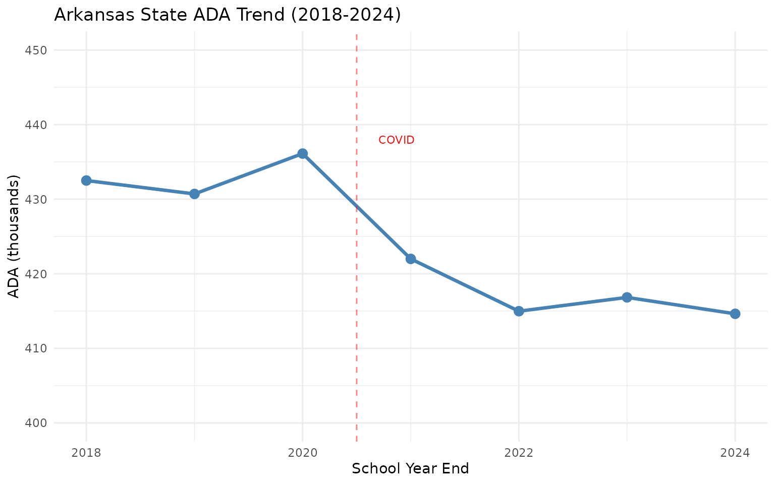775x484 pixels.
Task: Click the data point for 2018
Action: pyautogui.click(x=86, y=180)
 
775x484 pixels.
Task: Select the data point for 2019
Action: pyautogui.click(x=194, y=194)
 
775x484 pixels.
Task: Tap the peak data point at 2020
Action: pyautogui.click(x=303, y=153)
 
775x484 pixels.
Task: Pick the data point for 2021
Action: pyautogui.click(x=411, y=259)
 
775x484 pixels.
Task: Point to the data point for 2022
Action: pyautogui.click(x=519, y=311)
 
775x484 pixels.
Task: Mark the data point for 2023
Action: pyautogui.click(x=627, y=297)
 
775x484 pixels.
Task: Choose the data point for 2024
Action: pyautogui.click(x=735, y=314)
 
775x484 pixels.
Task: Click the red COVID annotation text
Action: pyautogui.click(x=396, y=140)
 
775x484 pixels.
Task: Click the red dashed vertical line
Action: pyautogui.click(x=357, y=302)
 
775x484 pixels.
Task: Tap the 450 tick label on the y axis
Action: pyautogui.click(x=36, y=50)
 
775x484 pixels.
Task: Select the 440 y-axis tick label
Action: pyautogui.click(x=36, y=125)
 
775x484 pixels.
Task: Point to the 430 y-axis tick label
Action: pyautogui.click(x=36, y=200)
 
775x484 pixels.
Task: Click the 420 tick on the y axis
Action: pyautogui.click(x=36, y=274)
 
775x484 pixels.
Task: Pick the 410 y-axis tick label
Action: pyautogui.click(x=36, y=349)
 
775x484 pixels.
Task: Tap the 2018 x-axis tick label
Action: pyautogui.click(x=86, y=453)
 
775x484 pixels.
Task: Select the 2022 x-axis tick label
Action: pyautogui.click(x=519, y=453)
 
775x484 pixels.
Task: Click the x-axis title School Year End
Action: pyautogui.click(x=410, y=469)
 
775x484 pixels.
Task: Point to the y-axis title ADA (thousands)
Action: pyautogui.click(x=15, y=236)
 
